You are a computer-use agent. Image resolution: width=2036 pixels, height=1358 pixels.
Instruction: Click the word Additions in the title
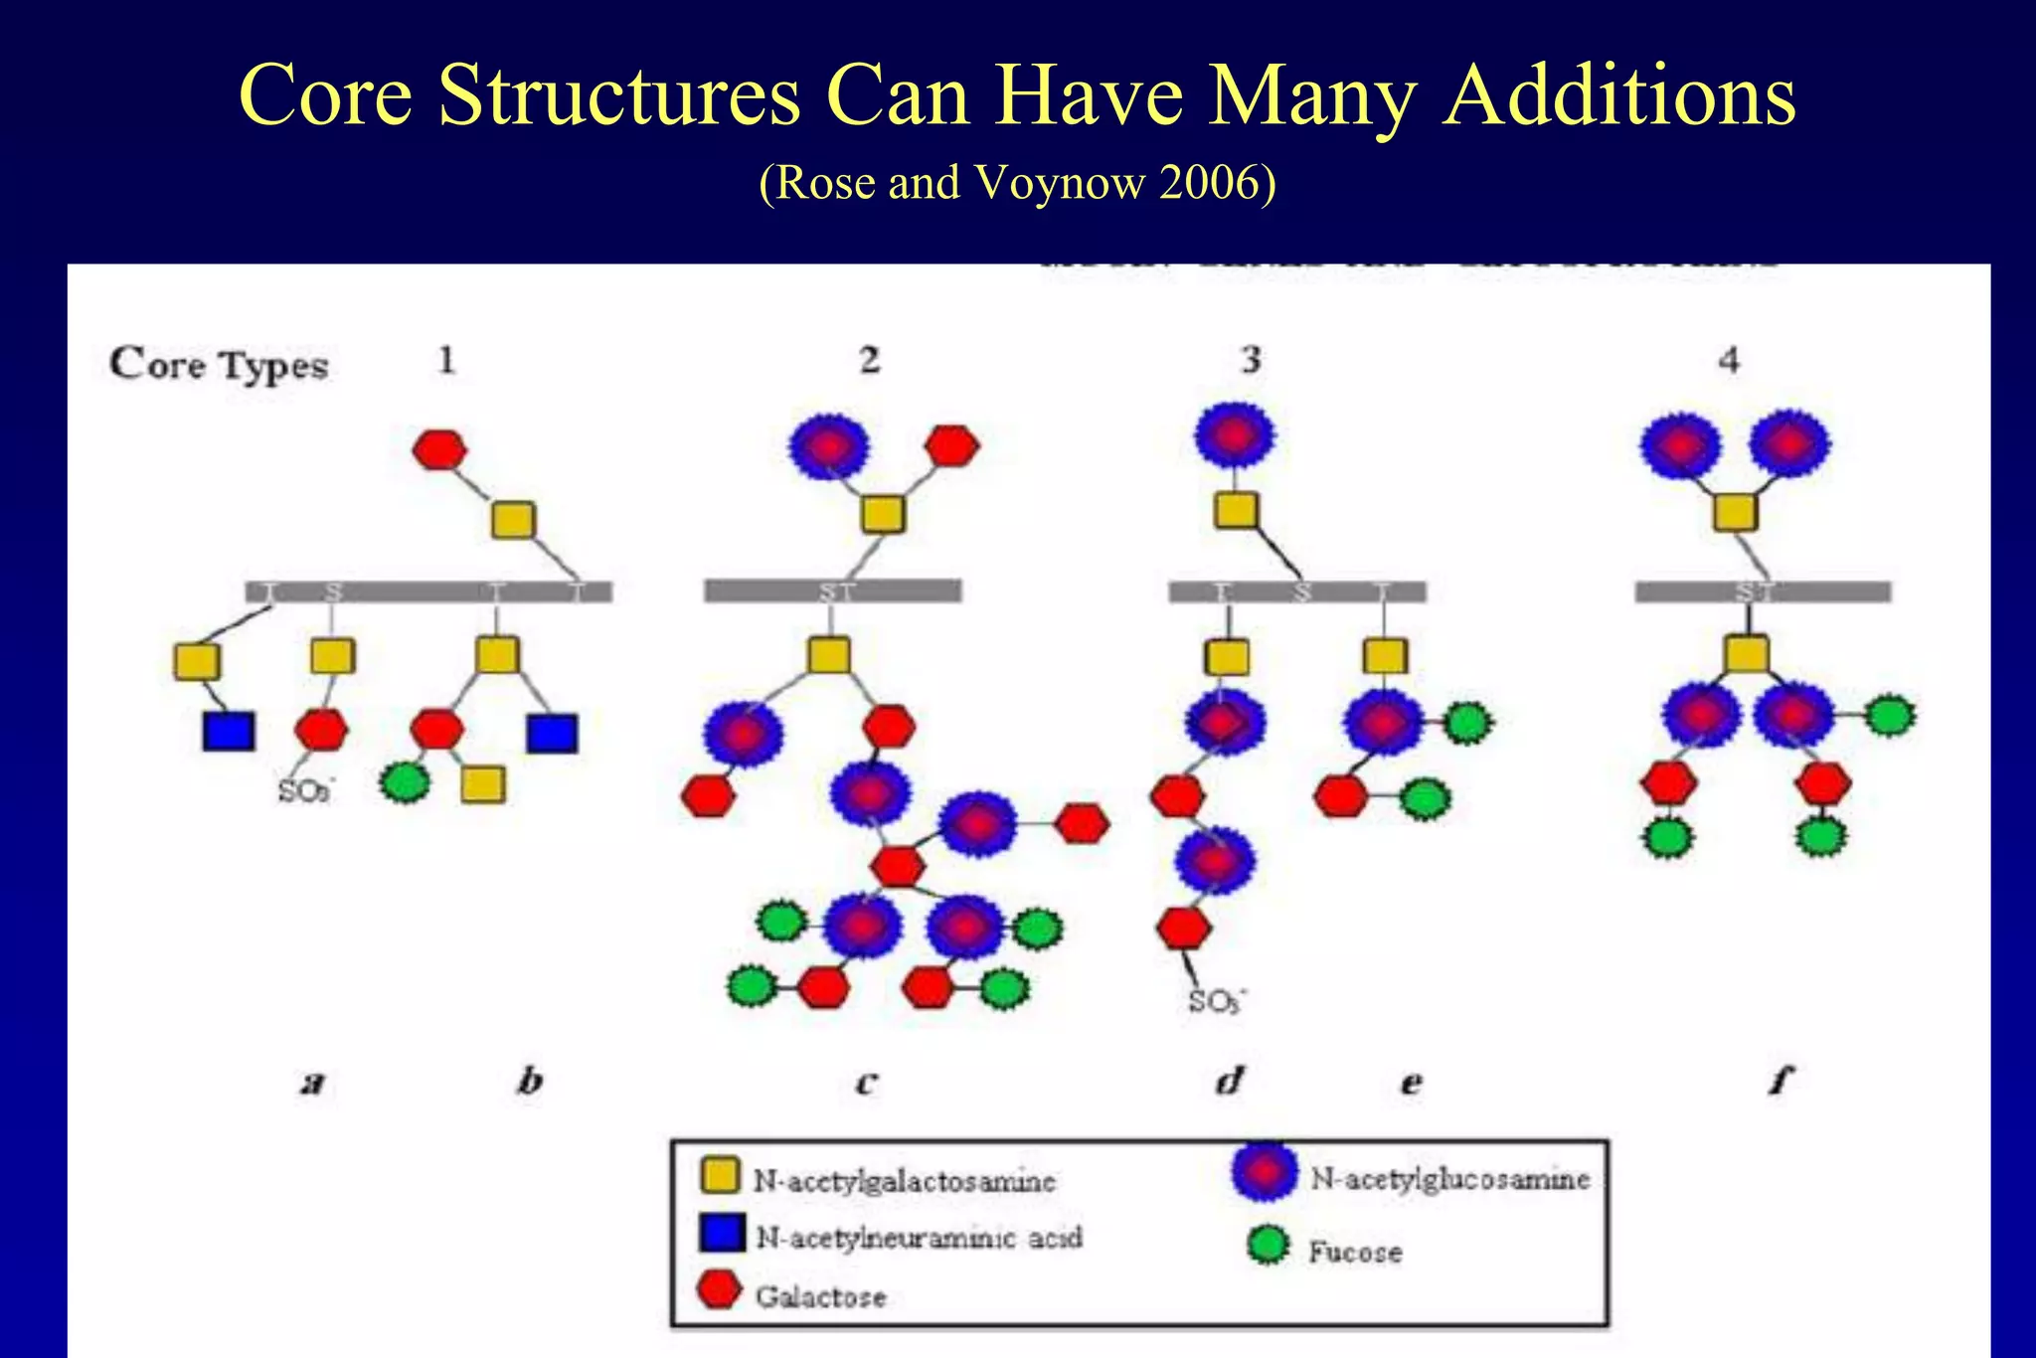[x=1619, y=95]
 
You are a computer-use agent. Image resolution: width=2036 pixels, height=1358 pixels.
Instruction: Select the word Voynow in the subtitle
[x=1060, y=183]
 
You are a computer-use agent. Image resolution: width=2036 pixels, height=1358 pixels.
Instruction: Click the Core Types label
[x=219, y=365]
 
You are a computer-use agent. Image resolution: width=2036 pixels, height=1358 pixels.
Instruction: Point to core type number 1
[x=446, y=359]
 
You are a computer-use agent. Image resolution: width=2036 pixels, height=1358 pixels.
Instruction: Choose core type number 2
[x=870, y=359]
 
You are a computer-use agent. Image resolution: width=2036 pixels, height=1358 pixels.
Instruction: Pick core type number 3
[x=1252, y=359]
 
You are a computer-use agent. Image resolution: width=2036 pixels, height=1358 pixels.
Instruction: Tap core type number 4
[x=1729, y=359]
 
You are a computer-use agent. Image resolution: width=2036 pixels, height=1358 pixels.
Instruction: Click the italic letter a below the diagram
[x=313, y=1082]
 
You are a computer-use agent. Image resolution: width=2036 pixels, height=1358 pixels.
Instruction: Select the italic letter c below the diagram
[x=866, y=1082]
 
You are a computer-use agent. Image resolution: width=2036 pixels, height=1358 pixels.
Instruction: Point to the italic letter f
[x=1781, y=1080]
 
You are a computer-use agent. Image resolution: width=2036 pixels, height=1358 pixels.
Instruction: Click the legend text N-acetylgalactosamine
[x=904, y=1181]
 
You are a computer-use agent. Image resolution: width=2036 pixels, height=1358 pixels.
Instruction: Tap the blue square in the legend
[x=722, y=1234]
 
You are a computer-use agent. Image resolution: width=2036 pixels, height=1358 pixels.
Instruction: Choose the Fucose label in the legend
[x=1355, y=1252]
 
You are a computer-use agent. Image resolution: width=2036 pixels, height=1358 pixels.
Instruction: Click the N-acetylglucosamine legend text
[x=1449, y=1179]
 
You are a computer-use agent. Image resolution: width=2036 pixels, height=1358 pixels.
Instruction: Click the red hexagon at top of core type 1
[x=439, y=449]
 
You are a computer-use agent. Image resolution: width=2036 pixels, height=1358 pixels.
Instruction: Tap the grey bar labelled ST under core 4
[x=1763, y=593]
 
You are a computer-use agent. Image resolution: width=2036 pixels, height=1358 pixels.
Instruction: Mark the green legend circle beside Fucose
[x=1269, y=1245]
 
